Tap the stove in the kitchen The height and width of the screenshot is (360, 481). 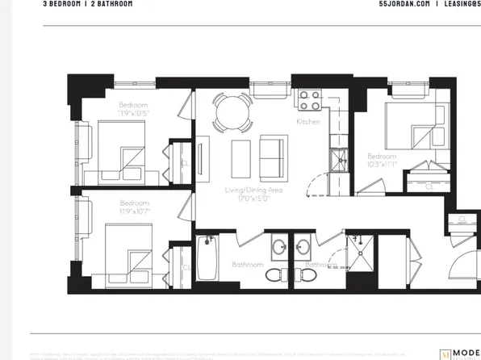[310, 99]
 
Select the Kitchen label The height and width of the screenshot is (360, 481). [308, 122]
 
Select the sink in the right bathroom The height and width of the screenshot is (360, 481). [304, 245]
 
